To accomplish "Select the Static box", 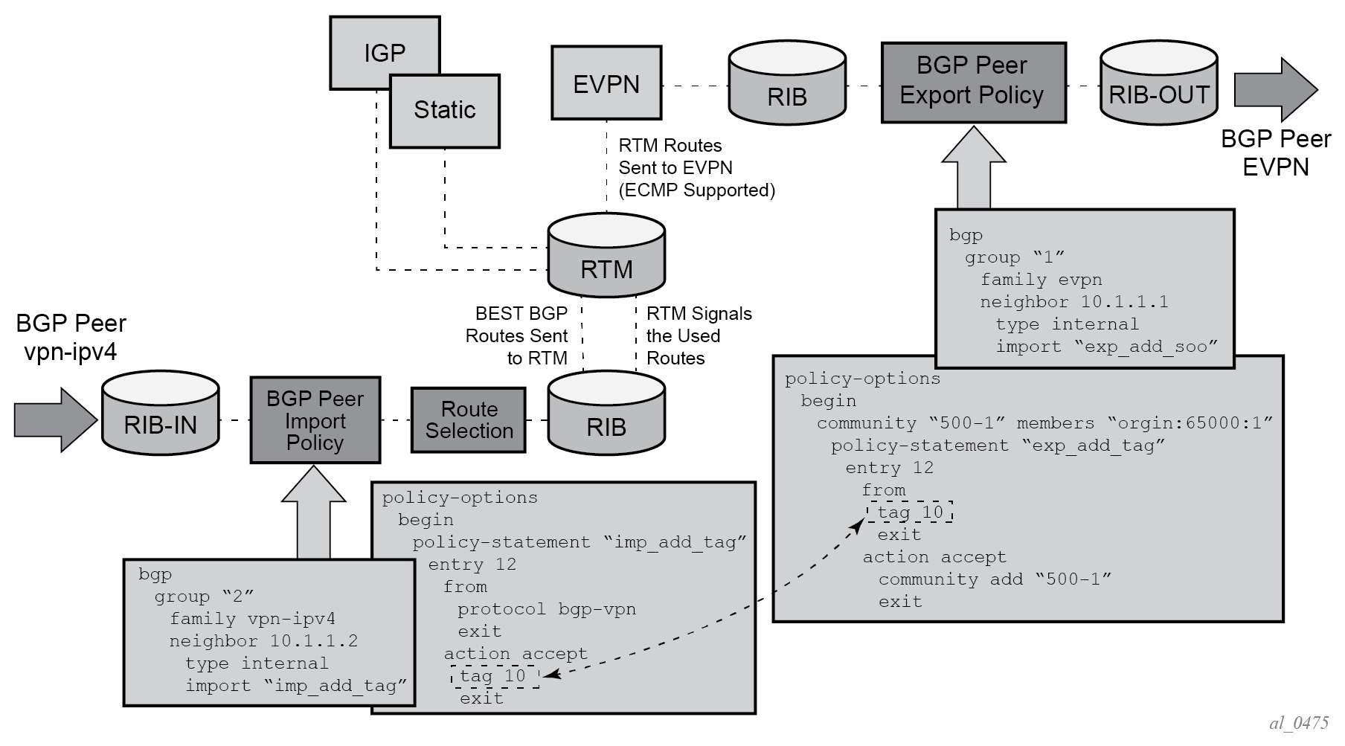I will pyautogui.click(x=445, y=110).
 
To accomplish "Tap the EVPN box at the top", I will pyautogui.click(x=606, y=83).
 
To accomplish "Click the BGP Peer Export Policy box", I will pyautogui.click(x=973, y=82).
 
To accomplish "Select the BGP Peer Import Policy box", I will pyautogui.click(x=315, y=420).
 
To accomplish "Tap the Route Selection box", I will pyautogui.click(x=469, y=420).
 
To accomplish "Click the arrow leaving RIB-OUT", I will pyautogui.click(x=1275, y=90).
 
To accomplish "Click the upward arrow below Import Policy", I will pyautogui.click(x=314, y=513).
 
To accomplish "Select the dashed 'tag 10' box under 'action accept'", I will pyautogui.click(x=494, y=676).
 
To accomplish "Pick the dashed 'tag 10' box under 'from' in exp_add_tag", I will pyautogui.click(x=910, y=512).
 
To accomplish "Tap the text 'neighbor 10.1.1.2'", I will pyautogui.click(x=263, y=641).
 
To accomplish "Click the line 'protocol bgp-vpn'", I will pyautogui.click(x=546, y=609).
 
